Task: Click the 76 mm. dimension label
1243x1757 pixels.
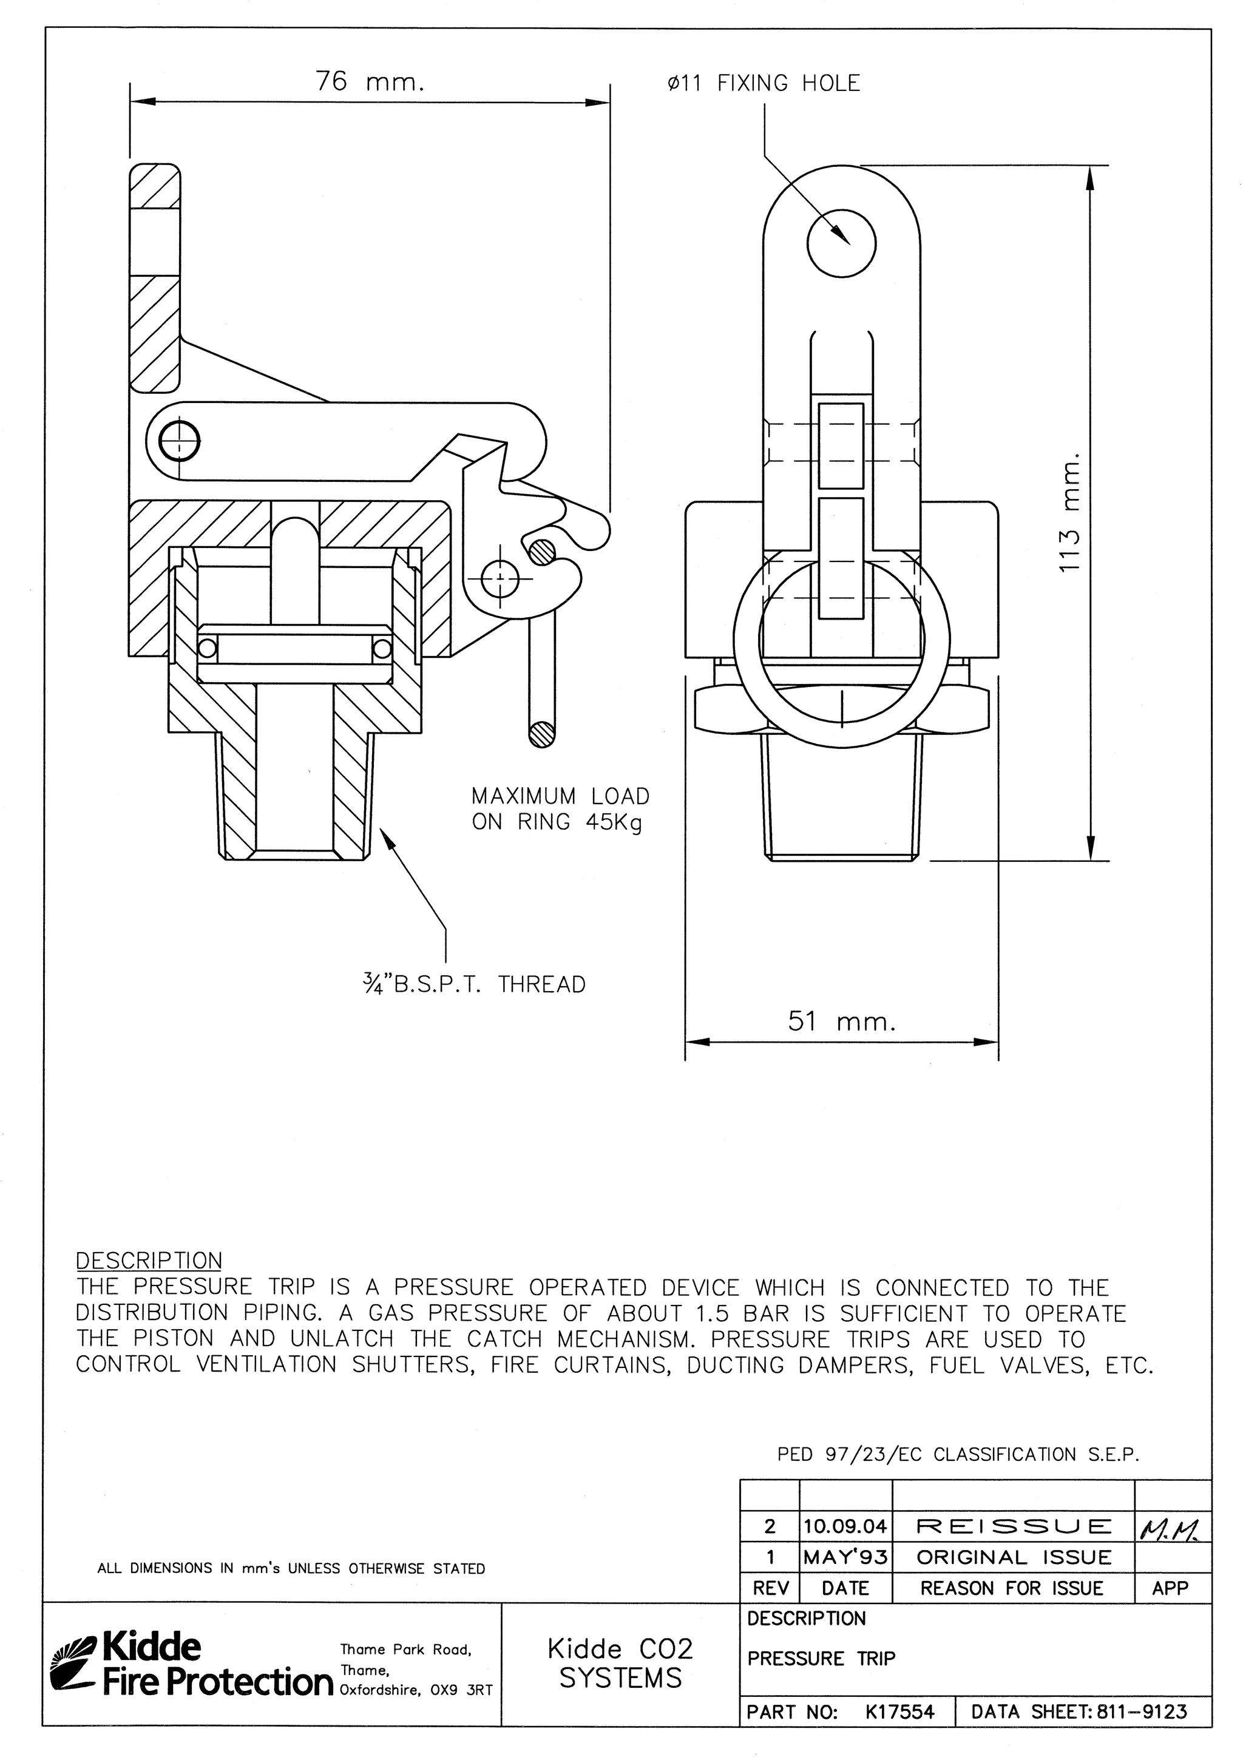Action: pos(370,81)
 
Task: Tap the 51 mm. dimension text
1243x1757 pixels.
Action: pos(841,1021)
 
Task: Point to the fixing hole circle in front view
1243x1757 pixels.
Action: pos(841,244)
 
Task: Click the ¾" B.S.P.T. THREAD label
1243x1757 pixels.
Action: pos(475,984)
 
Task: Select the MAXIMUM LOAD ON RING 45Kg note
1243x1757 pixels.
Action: pos(560,809)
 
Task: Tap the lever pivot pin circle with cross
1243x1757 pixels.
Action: pos(179,440)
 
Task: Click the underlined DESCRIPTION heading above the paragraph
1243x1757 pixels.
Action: pos(149,1261)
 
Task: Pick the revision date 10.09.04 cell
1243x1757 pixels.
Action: pos(845,1526)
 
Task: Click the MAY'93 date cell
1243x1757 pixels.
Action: pos(845,1557)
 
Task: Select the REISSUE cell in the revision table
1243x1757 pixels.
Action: pos(1012,1526)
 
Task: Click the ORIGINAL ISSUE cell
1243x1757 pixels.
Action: pos(1012,1557)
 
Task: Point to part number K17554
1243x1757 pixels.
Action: pos(899,1712)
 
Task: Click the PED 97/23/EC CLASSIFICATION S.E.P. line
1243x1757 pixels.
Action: pos(958,1454)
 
